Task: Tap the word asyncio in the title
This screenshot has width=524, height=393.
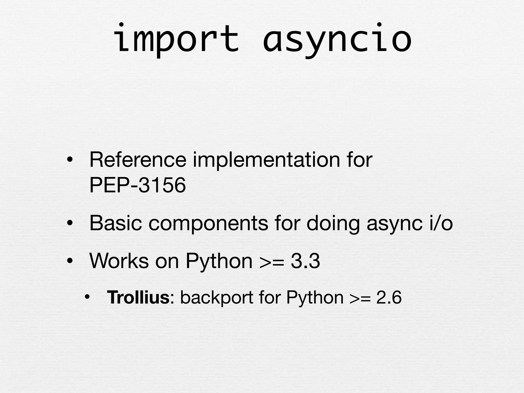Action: pyautogui.click(x=337, y=39)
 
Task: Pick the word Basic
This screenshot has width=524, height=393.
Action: pyautogui.click(x=116, y=223)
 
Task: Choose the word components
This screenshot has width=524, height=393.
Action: pyautogui.click(x=208, y=223)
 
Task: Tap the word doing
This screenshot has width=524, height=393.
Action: pyautogui.click(x=333, y=223)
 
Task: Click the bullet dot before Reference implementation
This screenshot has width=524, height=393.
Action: pyautogui.click(x=69, y=161)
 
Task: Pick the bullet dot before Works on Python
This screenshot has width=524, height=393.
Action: pyautogui.click(x=69, y=261)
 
